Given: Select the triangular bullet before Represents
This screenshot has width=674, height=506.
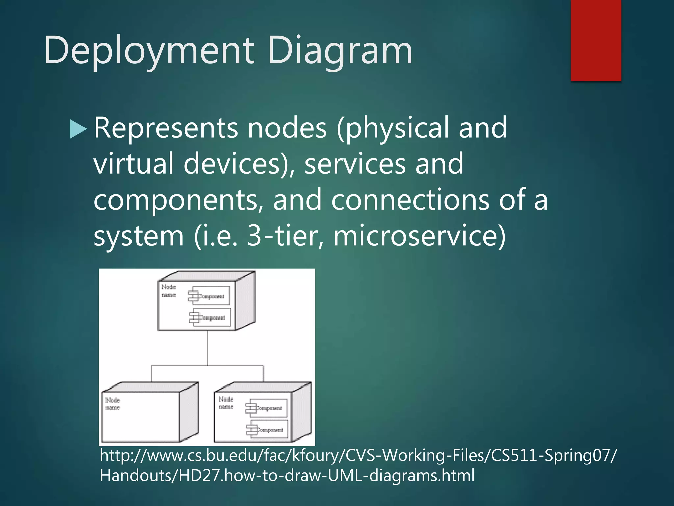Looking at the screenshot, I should point(78,129).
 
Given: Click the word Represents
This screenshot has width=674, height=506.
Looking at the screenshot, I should point(166,128).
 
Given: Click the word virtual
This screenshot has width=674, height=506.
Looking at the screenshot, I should point(133,164).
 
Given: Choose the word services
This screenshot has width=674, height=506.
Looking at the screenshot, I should point(355,164).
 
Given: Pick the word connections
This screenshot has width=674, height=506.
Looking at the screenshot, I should point(410,200).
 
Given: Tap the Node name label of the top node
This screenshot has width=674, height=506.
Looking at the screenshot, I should point(168,291).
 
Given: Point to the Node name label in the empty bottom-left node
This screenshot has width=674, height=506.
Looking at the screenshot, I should point(113,404).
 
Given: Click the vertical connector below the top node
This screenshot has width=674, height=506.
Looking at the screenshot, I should point(207,348).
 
